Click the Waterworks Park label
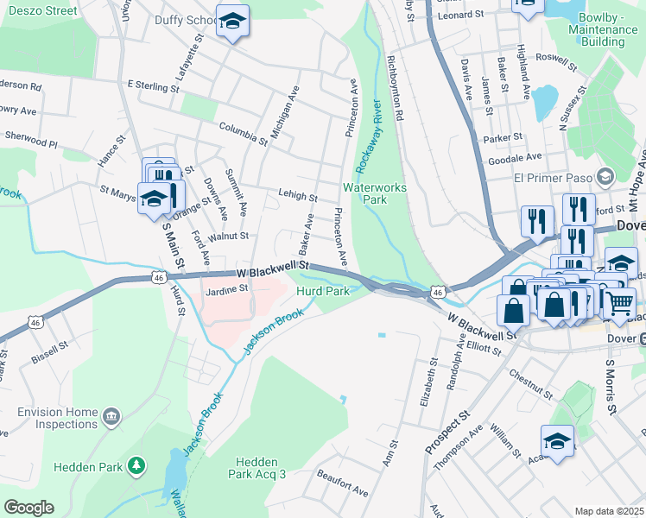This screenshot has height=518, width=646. tap(375, 193)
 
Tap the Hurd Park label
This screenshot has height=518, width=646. tap(323, 292)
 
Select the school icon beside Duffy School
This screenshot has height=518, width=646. tap(231, 22)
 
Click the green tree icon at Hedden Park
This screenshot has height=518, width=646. tap(136, 467)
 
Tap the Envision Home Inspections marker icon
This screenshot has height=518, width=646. tap(111, 418)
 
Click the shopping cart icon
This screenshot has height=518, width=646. tap(618, 303)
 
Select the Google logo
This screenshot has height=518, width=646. tap(28, 507)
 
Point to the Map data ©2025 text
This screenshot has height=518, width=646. tap(608, 511)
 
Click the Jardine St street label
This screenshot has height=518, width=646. tap(226, 290)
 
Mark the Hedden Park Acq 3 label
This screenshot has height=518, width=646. tap(256, 468)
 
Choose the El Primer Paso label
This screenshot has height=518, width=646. tap(550, 179)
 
